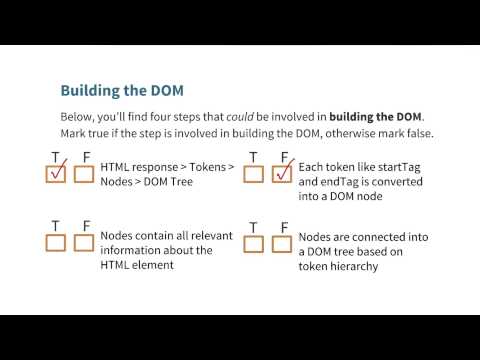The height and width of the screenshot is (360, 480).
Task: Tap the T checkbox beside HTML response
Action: pos(56,174)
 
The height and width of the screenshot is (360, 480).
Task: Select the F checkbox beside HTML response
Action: pos(84,174)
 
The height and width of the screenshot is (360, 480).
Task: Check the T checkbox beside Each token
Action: pos(253,174)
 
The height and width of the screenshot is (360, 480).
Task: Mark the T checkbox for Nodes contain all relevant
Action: pos(56,242)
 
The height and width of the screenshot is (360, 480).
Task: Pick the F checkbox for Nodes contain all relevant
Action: pos(84,242)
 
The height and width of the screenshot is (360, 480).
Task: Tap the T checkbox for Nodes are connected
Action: pos(253,242)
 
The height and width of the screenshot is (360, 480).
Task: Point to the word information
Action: pos(136,251)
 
